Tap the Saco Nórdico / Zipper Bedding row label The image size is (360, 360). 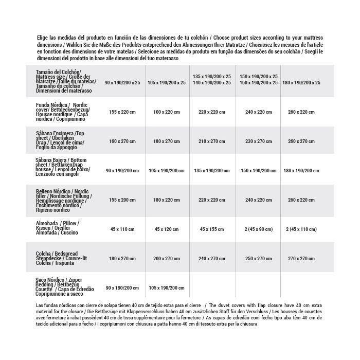tap(64, 287)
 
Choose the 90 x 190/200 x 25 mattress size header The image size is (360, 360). tap(122, 82)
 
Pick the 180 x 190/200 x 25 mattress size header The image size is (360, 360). tap(301, 82)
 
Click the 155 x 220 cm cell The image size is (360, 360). tap(122, 112)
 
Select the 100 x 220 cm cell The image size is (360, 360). tap(167, 112)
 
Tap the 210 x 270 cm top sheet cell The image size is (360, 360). tap(212, 141)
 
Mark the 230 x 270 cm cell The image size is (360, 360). tap(259, 141)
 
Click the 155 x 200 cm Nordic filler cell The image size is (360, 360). tap(122, 200)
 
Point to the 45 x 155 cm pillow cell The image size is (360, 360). tap(212, 228)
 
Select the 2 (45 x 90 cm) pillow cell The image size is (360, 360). tap(259, 228)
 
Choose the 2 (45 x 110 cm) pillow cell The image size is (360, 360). tap(301, 228)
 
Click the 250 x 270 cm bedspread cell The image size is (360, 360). tap(259, 258)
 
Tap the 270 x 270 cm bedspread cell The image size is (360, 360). tap(301, 258)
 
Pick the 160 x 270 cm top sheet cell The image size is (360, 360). tap(122, 141)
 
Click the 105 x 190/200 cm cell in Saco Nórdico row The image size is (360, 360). tap(167, 288)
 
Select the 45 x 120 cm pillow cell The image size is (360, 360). tap(167, 228)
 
